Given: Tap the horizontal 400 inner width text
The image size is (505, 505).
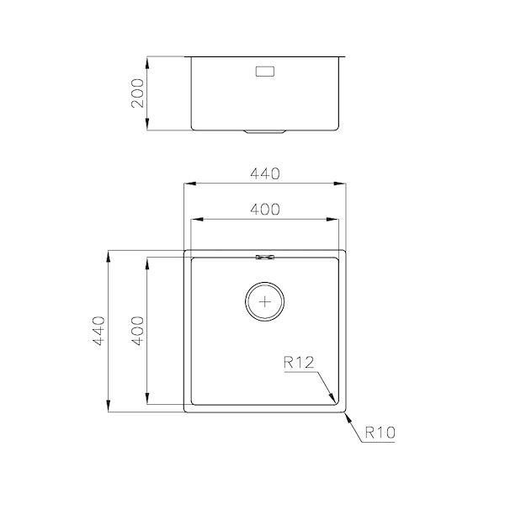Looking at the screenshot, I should [x=265, y=210].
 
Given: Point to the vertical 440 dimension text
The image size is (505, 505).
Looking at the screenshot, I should [x=98, y=332].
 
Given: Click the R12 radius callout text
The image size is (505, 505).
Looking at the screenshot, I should [x=299, y=364].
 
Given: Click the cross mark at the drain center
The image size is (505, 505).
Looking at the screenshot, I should [x=266, y=300].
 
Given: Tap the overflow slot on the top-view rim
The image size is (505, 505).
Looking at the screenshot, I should [x=266, y=255].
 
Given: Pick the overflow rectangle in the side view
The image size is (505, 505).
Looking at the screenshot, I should [x=266, y=72].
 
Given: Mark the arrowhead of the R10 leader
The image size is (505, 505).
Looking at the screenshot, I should [x=347, y=415].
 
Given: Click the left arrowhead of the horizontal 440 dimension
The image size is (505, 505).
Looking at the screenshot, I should [x=189, y=183].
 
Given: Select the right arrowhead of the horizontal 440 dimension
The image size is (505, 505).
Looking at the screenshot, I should [x=343, y=183].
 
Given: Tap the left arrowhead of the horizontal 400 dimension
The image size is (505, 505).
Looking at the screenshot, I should [x=195, y=220].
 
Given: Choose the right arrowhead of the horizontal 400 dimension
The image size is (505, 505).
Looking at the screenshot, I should [x=337, y=220].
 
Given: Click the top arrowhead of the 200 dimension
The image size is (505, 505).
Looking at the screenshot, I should [x=148, y=60].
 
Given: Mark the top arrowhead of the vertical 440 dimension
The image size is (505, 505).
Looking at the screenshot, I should [x=109, y=253].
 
